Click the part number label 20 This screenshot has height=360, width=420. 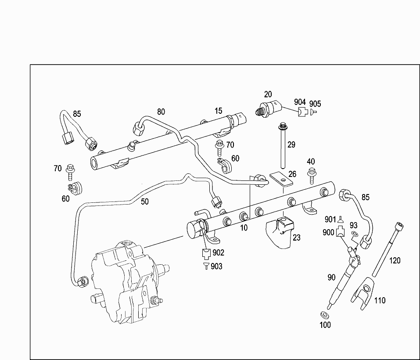tap(268, 94)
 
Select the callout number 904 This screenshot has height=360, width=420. tap(300, 102)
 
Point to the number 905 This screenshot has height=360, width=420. tap(315, 104)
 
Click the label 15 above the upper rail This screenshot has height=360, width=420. tap(219, 111)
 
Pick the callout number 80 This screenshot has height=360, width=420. tap(161, 112)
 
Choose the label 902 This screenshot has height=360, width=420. tap(218, 252)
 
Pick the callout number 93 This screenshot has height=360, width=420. tap(353, 225)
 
